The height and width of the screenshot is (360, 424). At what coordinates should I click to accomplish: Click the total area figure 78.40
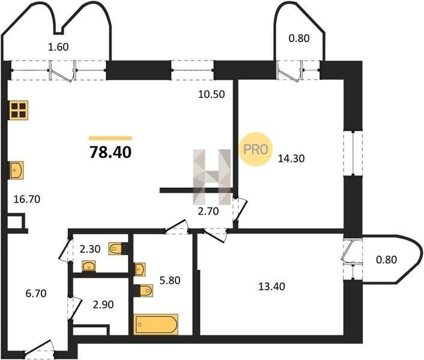[x=111, y=152]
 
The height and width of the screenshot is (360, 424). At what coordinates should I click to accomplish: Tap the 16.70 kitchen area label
[x=27, y=199]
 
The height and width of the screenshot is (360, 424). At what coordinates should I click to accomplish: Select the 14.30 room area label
[x=291, y=158]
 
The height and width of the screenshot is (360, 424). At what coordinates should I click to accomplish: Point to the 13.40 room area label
[x=272, y=286]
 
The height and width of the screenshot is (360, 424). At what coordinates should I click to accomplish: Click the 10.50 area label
[x=211, y=94]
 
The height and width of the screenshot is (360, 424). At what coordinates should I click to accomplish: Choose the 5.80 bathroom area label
[x=170, y=280]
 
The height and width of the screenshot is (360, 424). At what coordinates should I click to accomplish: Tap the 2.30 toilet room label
[x=90, y=249]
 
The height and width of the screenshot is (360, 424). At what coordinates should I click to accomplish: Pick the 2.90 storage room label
[x=103, y=305]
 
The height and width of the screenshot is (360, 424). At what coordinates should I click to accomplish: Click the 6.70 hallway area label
[x=36, y=293]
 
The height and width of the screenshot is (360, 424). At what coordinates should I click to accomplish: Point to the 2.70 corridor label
[x=208, y=211]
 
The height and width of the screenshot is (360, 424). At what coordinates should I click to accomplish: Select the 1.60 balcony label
[x=58, y=47]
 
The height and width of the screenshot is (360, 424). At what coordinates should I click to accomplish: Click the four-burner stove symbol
[x=19, y=110]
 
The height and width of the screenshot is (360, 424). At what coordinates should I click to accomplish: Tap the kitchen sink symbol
[x=16, y=170]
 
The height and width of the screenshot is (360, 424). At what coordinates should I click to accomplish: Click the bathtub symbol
[x=156, y=325]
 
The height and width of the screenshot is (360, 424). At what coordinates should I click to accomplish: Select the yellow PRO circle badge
[x=256, y=149]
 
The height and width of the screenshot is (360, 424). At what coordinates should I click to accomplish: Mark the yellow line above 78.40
[x=111, y=138]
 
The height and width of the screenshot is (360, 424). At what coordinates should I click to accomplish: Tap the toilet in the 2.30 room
[x=115, y=249]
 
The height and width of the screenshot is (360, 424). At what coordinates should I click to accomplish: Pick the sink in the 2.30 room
[x=89, y=266]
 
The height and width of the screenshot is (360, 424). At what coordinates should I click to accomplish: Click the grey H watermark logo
[x=212, y=176]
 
